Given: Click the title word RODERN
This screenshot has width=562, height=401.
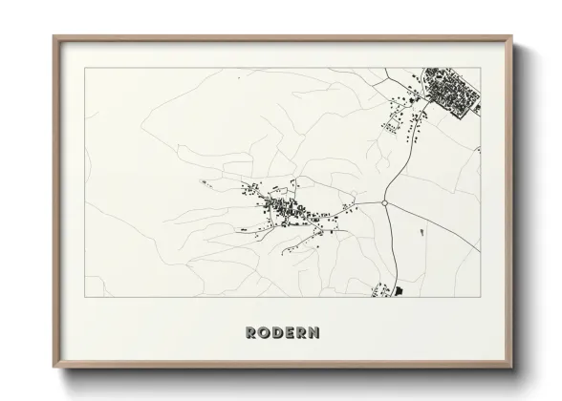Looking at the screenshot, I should pos(282,333).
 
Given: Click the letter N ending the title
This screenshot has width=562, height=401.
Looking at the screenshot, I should pos(314,333).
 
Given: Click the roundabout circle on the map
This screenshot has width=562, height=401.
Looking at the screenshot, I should pos(384,203).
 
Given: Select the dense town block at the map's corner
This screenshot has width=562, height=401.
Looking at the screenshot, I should pos(449,92).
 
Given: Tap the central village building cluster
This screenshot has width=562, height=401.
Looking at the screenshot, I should pos(282,209).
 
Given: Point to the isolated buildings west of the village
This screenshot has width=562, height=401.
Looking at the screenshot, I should pos(203,181).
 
